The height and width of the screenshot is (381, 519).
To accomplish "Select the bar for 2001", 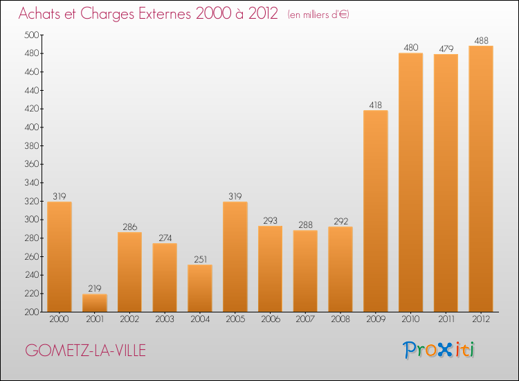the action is (x=95, y=303).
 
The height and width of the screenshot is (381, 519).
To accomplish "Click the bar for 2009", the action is (x=376, y=211).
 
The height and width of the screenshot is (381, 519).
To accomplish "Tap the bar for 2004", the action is (x=200, y=288).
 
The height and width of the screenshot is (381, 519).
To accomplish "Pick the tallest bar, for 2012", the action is (x=481, y=179).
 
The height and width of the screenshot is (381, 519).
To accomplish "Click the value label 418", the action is (x=376, y=105).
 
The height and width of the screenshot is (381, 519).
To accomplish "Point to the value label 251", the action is (x=200, y=259).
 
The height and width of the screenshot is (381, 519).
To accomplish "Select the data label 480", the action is (x=411, y=48).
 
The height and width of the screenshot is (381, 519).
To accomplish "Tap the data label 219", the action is (x=95, y=289).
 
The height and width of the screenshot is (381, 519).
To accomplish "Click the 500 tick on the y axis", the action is (x=32, y=35).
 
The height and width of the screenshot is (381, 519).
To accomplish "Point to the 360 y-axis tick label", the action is (x=32, y=164).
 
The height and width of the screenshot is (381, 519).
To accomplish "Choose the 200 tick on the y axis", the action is (x=32, y=312).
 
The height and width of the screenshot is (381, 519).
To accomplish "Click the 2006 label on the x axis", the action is (x=271, y=319).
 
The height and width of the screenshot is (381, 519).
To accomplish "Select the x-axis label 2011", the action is (x=446, y=319).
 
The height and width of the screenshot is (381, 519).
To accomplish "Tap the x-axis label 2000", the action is (x=60, y=319).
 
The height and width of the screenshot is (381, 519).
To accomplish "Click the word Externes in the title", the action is (x=165, y=14).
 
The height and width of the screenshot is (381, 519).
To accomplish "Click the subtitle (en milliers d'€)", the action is (x=318, y=15).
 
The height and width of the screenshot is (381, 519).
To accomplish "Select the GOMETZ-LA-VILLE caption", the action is (x=85, y=351).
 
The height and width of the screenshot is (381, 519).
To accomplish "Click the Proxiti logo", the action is (x=439, y=350).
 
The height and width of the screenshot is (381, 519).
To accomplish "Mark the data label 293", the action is (x=271, y=221).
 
